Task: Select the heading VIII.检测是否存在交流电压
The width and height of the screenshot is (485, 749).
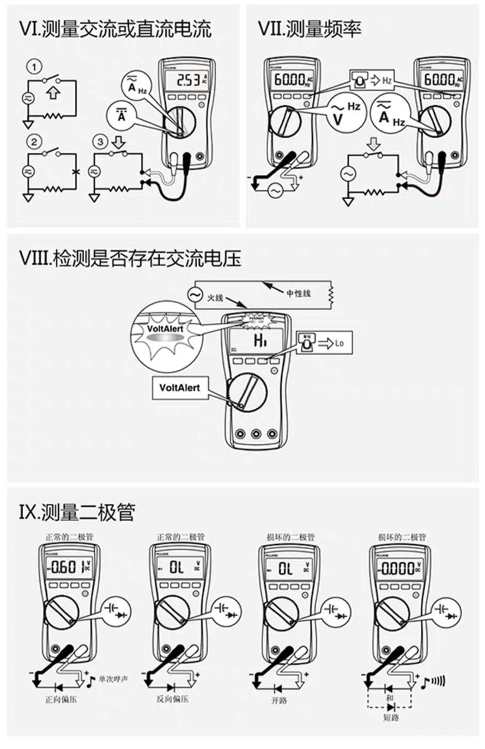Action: (130, 258)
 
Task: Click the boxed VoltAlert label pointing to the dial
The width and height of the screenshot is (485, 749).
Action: (180, 387)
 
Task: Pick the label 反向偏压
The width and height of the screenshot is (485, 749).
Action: (172, 700)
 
